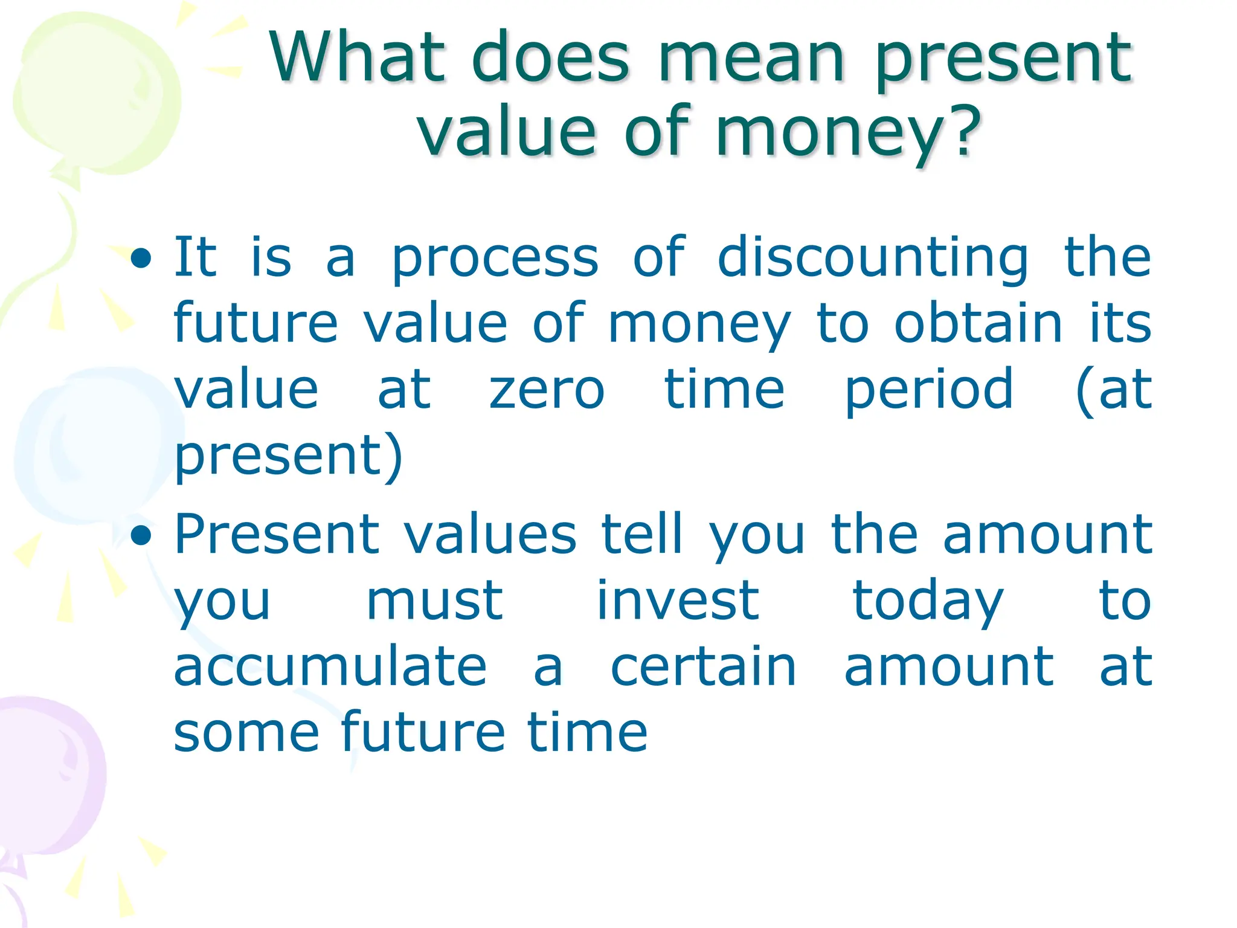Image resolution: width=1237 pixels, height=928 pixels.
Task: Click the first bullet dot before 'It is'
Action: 141,259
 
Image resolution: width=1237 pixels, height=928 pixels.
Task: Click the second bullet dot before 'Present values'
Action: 141,535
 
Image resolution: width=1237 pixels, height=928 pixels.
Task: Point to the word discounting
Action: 873,259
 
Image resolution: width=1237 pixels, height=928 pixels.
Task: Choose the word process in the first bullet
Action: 495,259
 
